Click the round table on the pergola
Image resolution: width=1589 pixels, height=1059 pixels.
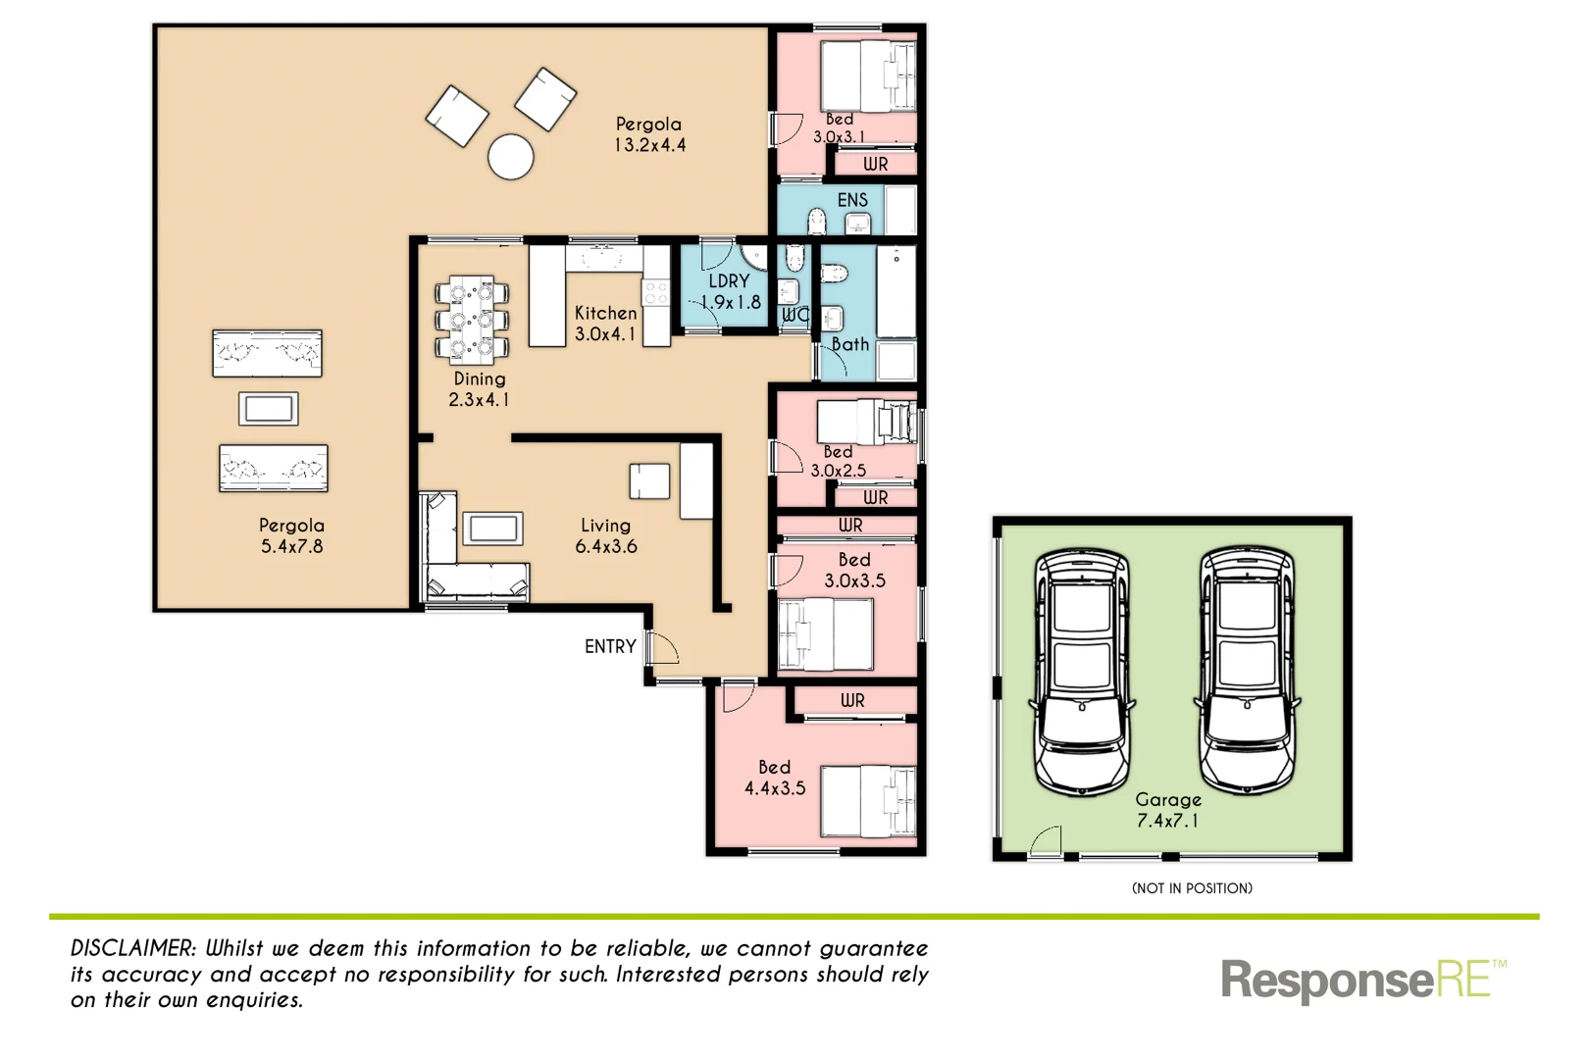point(511,157)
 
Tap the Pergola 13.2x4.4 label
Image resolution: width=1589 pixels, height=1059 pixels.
point(649,134)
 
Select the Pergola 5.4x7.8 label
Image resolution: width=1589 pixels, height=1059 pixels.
point(291,535)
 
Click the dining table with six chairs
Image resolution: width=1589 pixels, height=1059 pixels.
point(472,320)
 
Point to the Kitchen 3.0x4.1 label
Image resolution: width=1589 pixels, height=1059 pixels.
point(605,323)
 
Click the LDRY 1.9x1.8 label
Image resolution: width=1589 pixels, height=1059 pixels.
point(729,292)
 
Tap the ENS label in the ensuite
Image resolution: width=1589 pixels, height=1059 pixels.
point(852,200)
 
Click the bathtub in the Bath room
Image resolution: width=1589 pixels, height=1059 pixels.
point(896,292)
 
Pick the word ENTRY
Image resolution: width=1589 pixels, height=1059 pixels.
point(610,646)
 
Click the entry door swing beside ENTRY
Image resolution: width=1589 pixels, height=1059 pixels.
point(663,648)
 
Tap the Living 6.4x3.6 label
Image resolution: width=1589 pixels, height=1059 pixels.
point(605,535)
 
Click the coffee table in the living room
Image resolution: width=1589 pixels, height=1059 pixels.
point(493,529)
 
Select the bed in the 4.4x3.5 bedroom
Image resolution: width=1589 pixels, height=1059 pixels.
point(867,801)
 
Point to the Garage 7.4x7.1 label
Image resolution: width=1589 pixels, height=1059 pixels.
point(1167,810)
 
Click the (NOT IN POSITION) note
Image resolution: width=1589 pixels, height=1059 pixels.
point(1192,888)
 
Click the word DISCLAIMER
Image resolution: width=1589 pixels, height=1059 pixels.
point(133,948)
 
